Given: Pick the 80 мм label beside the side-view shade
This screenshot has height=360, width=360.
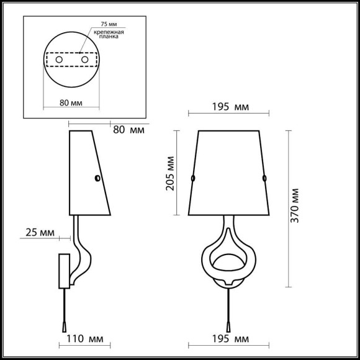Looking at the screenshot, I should [128, 130].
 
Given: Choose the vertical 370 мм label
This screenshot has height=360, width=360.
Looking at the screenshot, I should [295, 205].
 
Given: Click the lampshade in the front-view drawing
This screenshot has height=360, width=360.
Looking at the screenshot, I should [228, 172].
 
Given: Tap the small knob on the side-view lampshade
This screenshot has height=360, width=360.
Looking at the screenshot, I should [97, 178].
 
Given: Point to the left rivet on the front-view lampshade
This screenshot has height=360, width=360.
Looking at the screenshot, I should [192, 178].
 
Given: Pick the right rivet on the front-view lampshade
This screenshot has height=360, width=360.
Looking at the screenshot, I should [264, 178].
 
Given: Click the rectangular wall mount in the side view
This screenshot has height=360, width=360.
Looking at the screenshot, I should [64, 271].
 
